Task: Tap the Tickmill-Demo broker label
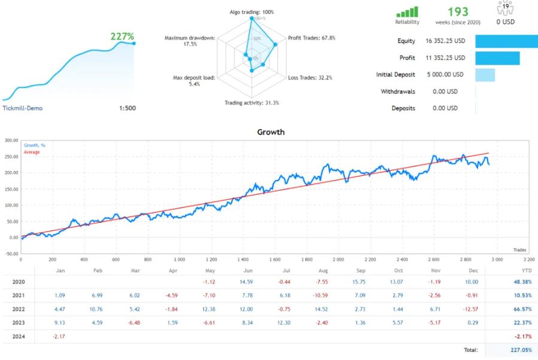click(x=23, y=108)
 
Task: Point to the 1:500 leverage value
click(x=127, y=108)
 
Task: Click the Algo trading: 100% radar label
click(x=251, y=12)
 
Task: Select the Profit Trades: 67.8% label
click(x=312, y=38)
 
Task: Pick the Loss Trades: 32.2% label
click(x=310, y=78)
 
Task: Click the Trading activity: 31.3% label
click(x=251, y=103)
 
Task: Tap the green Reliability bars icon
click(x=407, y=12)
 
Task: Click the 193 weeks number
click(x=458, y=12)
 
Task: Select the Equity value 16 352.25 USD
click(x=446, y=41)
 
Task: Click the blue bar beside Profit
click(x=497, y=58)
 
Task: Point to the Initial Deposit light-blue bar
click(x=485, y=75)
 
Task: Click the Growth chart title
click(x=270, y=132)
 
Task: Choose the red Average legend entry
click(x=32, y=152)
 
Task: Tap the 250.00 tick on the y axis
click(x=10, y=157)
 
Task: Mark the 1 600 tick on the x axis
click(x=275, y=260)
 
